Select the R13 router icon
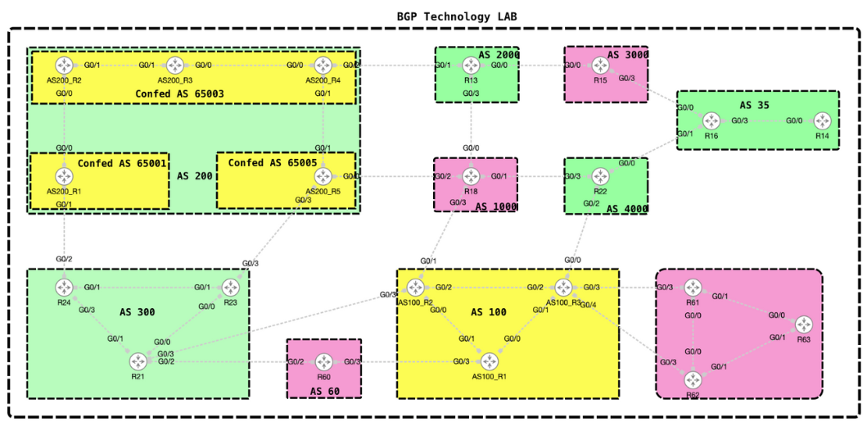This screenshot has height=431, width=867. [x=471, y=66]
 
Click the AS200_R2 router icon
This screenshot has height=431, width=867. [x=64, y=66]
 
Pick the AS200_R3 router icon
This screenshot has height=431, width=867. [x=174, y=66]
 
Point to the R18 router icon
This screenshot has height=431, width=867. [x=471, y=176]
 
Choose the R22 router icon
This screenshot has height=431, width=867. [x=601, y=176]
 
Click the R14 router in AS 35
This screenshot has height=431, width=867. [x=821, y=120]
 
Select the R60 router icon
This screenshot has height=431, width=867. [x=324, y=361]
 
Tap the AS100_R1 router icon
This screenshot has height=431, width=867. [x=490, y=361]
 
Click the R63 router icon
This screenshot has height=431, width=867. [x=804, y=324]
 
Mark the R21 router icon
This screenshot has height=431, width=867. [x=138, y=361]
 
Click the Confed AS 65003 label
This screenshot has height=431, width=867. [x=179, y=94]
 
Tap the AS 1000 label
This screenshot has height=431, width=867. [x=496, y=206]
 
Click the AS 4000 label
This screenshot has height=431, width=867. [x=627, y=209]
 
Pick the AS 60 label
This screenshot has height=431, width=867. [x=326, y=392]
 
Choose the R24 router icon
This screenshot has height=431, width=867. [x=65, y=288]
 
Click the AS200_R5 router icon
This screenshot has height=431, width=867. [x=323, y=176]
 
